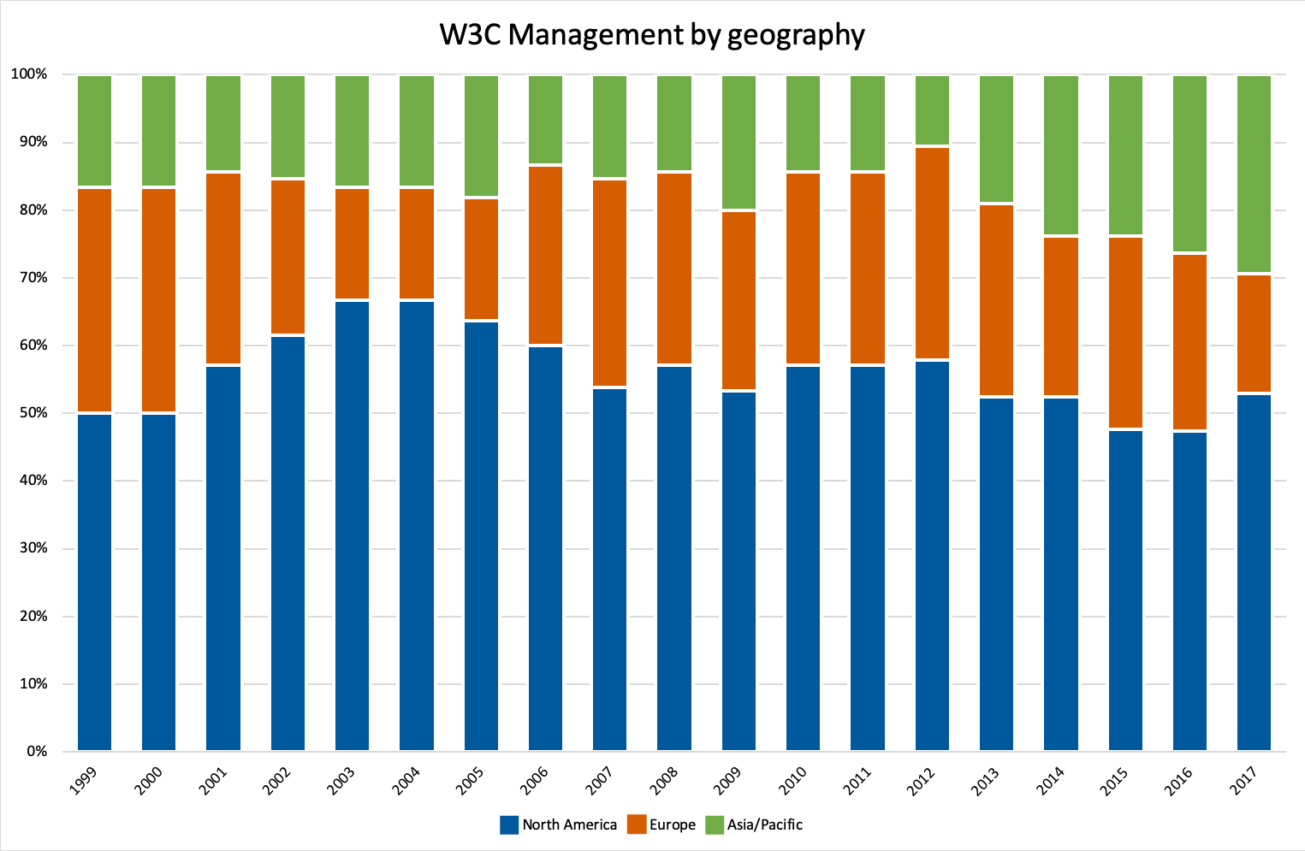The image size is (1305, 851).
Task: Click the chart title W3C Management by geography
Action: (x=652, y=35)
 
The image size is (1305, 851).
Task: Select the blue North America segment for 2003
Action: (x=352, y=525)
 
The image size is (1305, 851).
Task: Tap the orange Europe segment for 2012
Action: (x=932, y=253)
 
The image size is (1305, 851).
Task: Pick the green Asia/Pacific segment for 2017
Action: (x=1254, y=174)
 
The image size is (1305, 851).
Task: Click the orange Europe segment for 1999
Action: (x=94, y=299)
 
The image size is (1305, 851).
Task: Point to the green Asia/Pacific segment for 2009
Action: (x=739, y=142)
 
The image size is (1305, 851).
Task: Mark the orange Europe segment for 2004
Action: (x=417, y=244)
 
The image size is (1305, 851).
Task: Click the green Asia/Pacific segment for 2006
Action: (x=545, y=120)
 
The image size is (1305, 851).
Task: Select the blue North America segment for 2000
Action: (x=158, y=582)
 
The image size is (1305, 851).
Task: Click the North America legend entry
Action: (x=559, y=824)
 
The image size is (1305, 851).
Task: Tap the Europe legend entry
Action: (x=661, y=824)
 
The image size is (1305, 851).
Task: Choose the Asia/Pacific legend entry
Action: (x=754, y=824)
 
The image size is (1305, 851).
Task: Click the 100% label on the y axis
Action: (x=29, y=74)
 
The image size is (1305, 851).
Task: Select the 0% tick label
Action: (x=36, y=752)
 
